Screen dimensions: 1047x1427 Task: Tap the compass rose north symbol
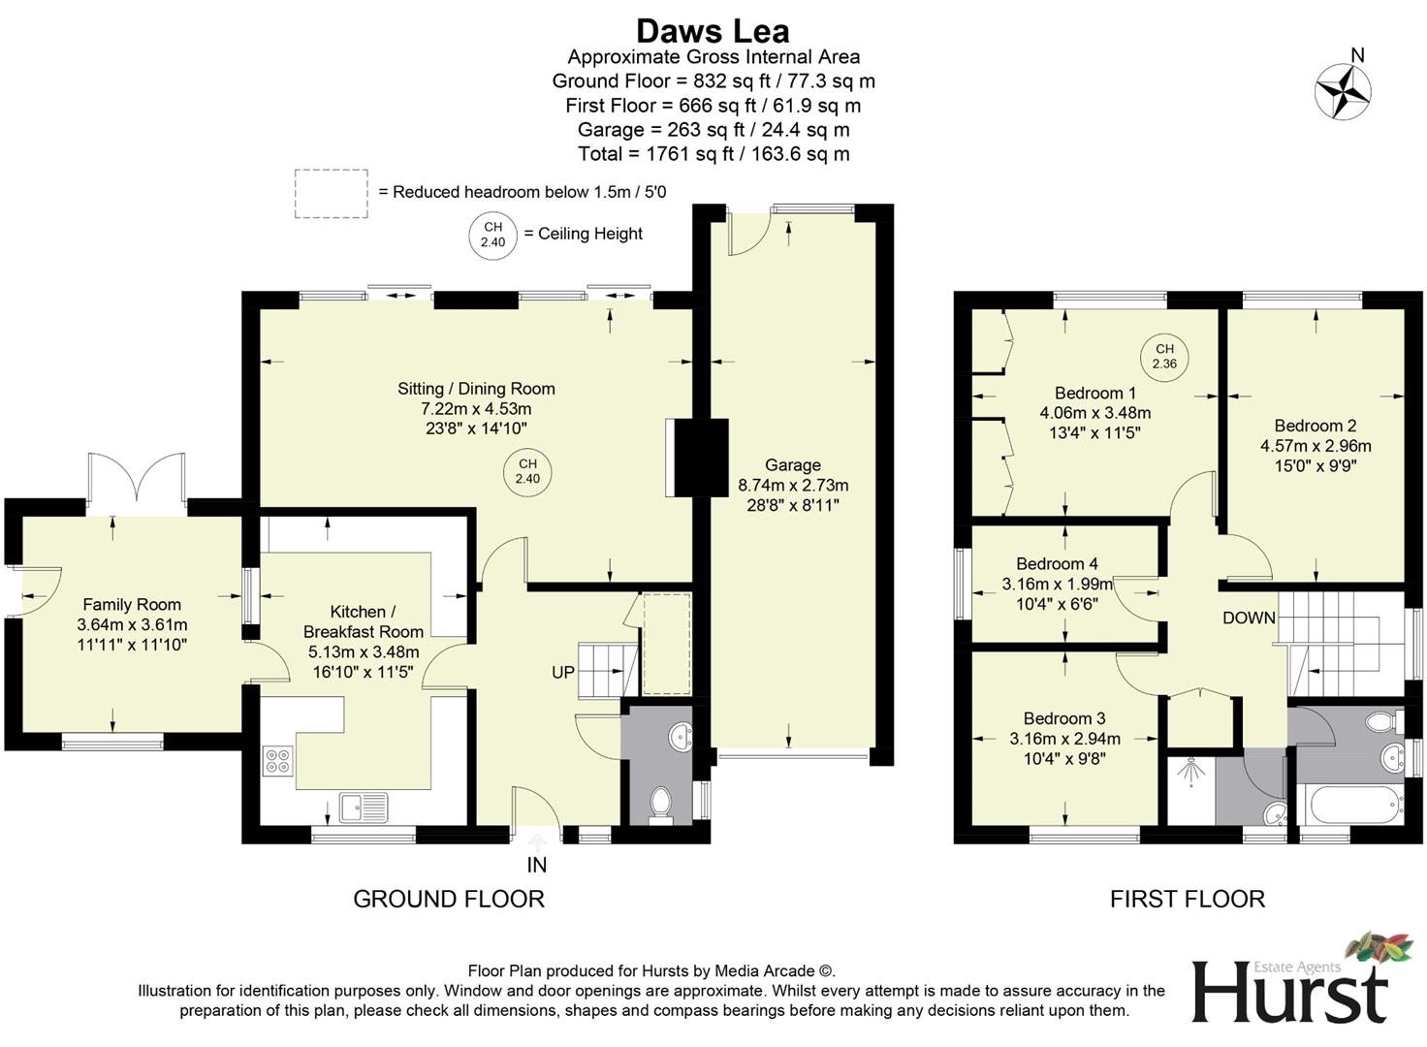[x=1343, y=92]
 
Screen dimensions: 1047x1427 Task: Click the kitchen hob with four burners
[x=277, y=760]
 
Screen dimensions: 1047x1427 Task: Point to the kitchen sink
[x=363, y=805]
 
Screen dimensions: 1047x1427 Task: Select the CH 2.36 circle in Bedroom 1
[x=1163, y=357]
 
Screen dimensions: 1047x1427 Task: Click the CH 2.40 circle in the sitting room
[x=526, y=472]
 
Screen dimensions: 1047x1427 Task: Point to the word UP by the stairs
[x=563, y=673]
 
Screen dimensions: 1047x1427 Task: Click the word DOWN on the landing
[x=1249, y=619]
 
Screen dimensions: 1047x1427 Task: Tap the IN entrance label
[x=536, y=865]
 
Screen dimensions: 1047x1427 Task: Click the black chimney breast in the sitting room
[x=701, y=458]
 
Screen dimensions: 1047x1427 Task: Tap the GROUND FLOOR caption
[x=448, y=899]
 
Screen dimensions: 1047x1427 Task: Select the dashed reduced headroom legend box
[x=332, y=193]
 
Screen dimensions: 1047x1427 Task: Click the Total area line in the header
[x=713, y=154]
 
